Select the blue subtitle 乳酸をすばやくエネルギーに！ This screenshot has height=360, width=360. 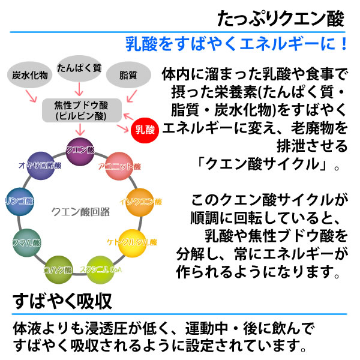pos(237,44)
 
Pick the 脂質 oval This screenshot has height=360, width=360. pos(128,76)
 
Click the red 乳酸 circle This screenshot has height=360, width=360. pos(145,128)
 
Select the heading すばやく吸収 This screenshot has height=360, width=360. pos(60,299)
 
